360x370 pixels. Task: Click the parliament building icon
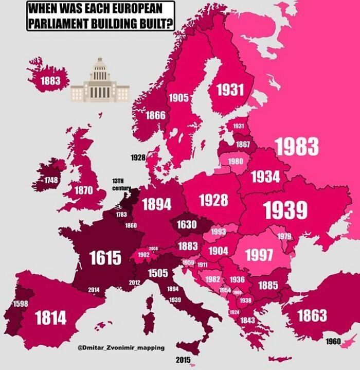coord(100,81)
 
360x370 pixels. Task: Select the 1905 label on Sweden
coord(179,97)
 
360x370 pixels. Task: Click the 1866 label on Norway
coord(155,115)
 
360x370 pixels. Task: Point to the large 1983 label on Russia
coord(297,147)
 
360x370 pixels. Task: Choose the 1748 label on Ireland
coord(50,180)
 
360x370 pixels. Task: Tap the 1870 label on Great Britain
coord(83,190)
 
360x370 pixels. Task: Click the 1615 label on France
coord(105,257)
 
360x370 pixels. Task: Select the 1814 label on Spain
coord(50,318)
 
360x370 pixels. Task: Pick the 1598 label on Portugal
coord(20,304)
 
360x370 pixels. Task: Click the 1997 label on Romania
coord(259,255)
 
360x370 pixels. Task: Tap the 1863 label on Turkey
coord(312,315)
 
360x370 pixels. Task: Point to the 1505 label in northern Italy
coord(158,273)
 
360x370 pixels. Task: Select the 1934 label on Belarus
coord(265,177)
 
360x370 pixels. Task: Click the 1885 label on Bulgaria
coord(268,285)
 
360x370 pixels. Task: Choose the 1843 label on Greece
coord(247,320)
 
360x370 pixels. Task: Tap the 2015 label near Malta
coord(183,359)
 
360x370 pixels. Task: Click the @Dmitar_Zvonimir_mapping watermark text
coord(121,347)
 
